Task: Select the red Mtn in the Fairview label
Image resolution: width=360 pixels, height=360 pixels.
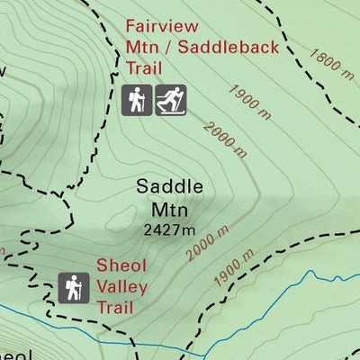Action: pos(142,47)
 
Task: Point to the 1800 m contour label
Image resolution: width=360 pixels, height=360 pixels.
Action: pos(328,63)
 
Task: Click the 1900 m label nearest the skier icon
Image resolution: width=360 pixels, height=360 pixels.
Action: pos(247,100)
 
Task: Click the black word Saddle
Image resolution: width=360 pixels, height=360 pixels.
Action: pos(169,187)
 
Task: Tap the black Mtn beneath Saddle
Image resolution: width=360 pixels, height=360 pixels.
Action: pos(169,211)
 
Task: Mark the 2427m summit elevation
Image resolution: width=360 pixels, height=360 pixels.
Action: pos(169,230)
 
